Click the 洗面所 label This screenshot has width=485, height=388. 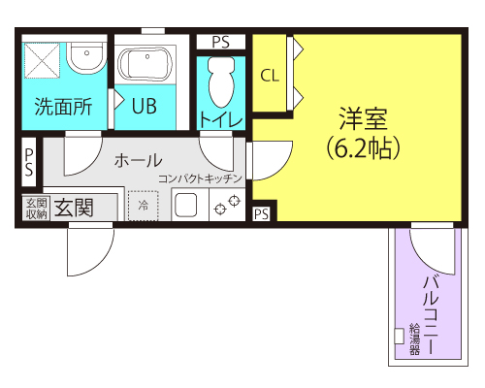point(63,107)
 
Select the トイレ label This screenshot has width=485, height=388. point(221,118)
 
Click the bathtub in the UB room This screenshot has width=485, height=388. point(145,66)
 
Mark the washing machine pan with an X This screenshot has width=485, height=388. point(43,60)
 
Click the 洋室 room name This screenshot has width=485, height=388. point(364,119)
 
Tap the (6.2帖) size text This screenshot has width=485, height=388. point(364,148)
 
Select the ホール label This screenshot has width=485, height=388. point(138,160)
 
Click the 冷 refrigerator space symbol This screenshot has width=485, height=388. point(144,206)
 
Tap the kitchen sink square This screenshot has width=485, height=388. point(185,207)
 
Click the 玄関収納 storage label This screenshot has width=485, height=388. point(36,207)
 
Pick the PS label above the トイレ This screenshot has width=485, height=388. point(220,42)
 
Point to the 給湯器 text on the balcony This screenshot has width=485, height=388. point(414,338)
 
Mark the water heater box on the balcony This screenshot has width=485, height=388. point(399,337)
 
